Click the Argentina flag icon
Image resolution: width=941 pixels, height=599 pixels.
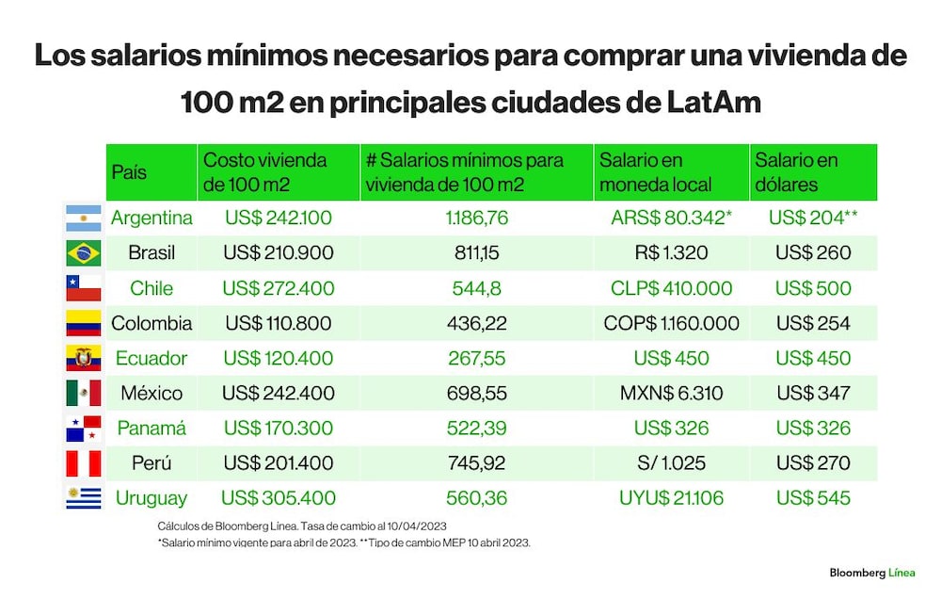[84, 219]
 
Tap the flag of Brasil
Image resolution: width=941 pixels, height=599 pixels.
[84, 253]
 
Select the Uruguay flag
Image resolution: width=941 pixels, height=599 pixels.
[84, 498]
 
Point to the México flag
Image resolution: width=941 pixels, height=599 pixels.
[84, 393]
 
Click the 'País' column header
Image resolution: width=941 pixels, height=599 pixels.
[129, 172]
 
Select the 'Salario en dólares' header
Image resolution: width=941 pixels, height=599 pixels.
[796, 171]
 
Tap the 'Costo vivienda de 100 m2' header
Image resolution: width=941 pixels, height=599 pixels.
[264, 171]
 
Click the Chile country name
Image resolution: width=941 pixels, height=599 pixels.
[152, 288]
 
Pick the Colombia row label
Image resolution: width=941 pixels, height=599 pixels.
[152, 323]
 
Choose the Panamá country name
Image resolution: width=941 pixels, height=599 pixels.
[152, 428]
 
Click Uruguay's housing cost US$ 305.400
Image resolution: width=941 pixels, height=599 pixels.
[278, 498]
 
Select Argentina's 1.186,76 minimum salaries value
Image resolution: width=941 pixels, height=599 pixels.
[476, 218]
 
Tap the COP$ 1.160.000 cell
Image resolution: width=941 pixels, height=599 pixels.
[671, 323]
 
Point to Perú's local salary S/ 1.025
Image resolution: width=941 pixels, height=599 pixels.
[671, 462]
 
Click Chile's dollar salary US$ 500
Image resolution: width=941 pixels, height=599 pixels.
[813, 288]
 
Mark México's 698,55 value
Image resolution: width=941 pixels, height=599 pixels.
[476, 393]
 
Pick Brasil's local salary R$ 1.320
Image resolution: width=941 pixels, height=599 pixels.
[671, 252]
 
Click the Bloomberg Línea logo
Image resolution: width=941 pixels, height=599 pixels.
[872, 573]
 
